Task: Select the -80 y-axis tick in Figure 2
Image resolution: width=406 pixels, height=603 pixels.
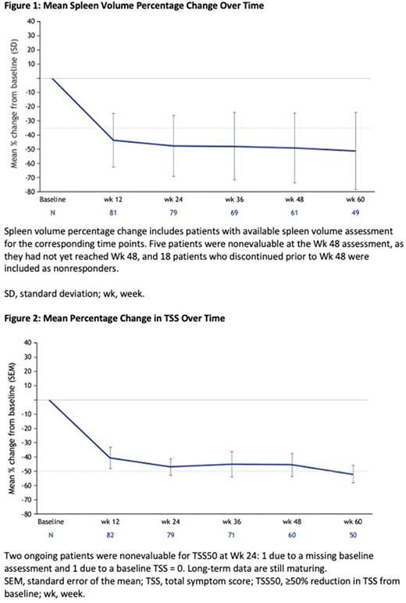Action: coord(32,514)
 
